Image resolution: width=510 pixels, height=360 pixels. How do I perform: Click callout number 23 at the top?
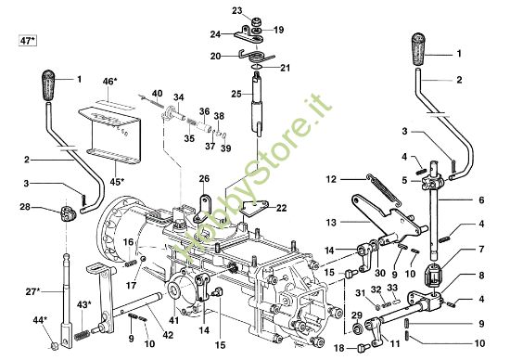point(237,11)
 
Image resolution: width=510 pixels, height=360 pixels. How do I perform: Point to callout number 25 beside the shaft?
point(236,94)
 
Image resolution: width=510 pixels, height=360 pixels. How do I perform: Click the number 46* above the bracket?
point(110,82)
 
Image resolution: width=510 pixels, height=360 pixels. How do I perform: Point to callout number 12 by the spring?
point(331,178)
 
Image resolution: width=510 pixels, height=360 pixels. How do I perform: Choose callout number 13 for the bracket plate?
point(331,223)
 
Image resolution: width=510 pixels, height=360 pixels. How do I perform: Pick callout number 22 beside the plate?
point(282,208)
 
